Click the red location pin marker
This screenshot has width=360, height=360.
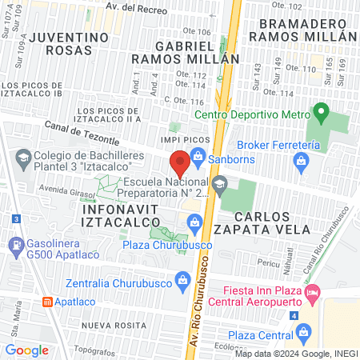pyautogui.click(x=180, y=164)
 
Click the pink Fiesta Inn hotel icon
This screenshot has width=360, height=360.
pyautogui.click(x=313, y=294)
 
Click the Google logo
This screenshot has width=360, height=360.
pyautogui.click(x=26, y=350)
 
